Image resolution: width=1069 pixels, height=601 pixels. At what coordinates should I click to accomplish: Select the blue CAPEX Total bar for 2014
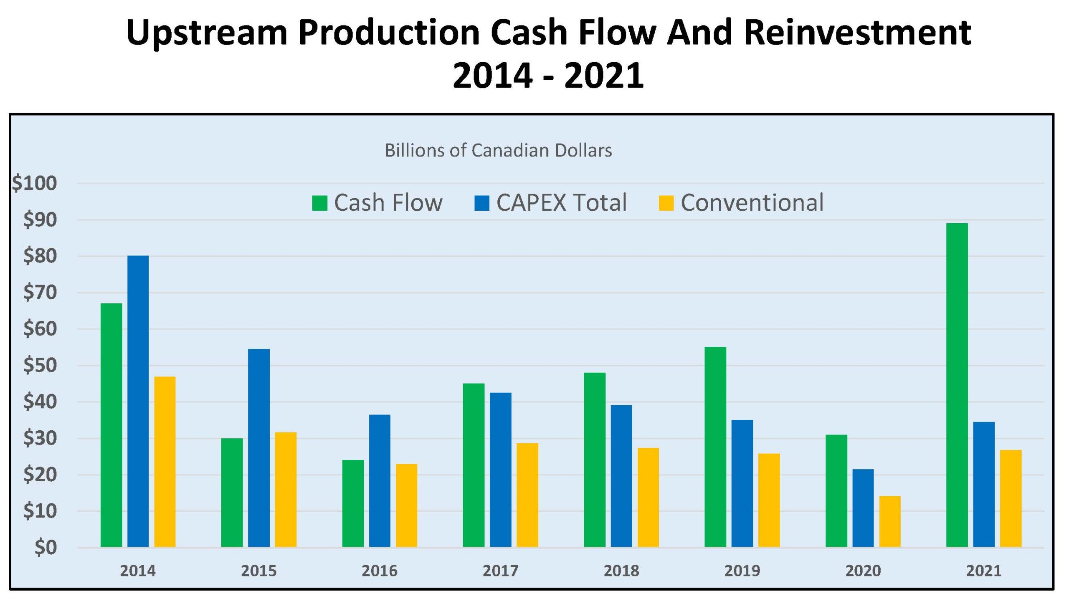pos(138,401)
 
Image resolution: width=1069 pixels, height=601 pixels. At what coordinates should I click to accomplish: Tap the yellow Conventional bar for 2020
pos(890,521)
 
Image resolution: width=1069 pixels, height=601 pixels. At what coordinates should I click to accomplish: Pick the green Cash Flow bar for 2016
pos(353,503)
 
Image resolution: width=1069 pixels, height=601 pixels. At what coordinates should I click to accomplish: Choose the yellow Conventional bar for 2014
pos(165,461)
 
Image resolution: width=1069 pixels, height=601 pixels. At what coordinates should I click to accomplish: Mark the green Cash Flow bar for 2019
pos(715,447)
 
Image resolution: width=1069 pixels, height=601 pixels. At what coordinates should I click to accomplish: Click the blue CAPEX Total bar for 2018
pos(621,476)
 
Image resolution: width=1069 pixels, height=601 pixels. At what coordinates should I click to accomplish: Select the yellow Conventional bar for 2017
pos(527,495)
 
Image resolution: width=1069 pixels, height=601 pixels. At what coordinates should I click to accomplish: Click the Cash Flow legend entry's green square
pos(319,203)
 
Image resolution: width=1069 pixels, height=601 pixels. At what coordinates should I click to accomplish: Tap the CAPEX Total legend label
pos(561,203)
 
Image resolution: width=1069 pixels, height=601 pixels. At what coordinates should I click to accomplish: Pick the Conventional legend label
pos(752,203)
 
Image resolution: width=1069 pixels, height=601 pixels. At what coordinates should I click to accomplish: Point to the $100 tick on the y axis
pos(34,183)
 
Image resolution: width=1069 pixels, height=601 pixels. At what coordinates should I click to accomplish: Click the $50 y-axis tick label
pos(40,365)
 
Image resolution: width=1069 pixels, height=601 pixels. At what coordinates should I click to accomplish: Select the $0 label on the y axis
pos(45,548)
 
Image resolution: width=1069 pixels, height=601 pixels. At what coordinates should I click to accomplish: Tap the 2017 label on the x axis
pos(500,571)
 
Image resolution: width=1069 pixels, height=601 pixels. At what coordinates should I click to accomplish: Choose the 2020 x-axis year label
pos(863,571)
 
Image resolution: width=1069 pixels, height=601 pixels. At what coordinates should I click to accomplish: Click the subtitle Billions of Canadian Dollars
pos(498,150)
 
